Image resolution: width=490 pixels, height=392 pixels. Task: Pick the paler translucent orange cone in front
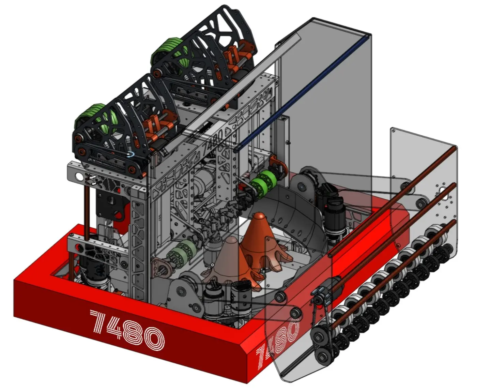click(x=230, y=262)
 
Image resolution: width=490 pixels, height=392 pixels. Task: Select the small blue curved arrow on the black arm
click(x=130, y=155)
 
